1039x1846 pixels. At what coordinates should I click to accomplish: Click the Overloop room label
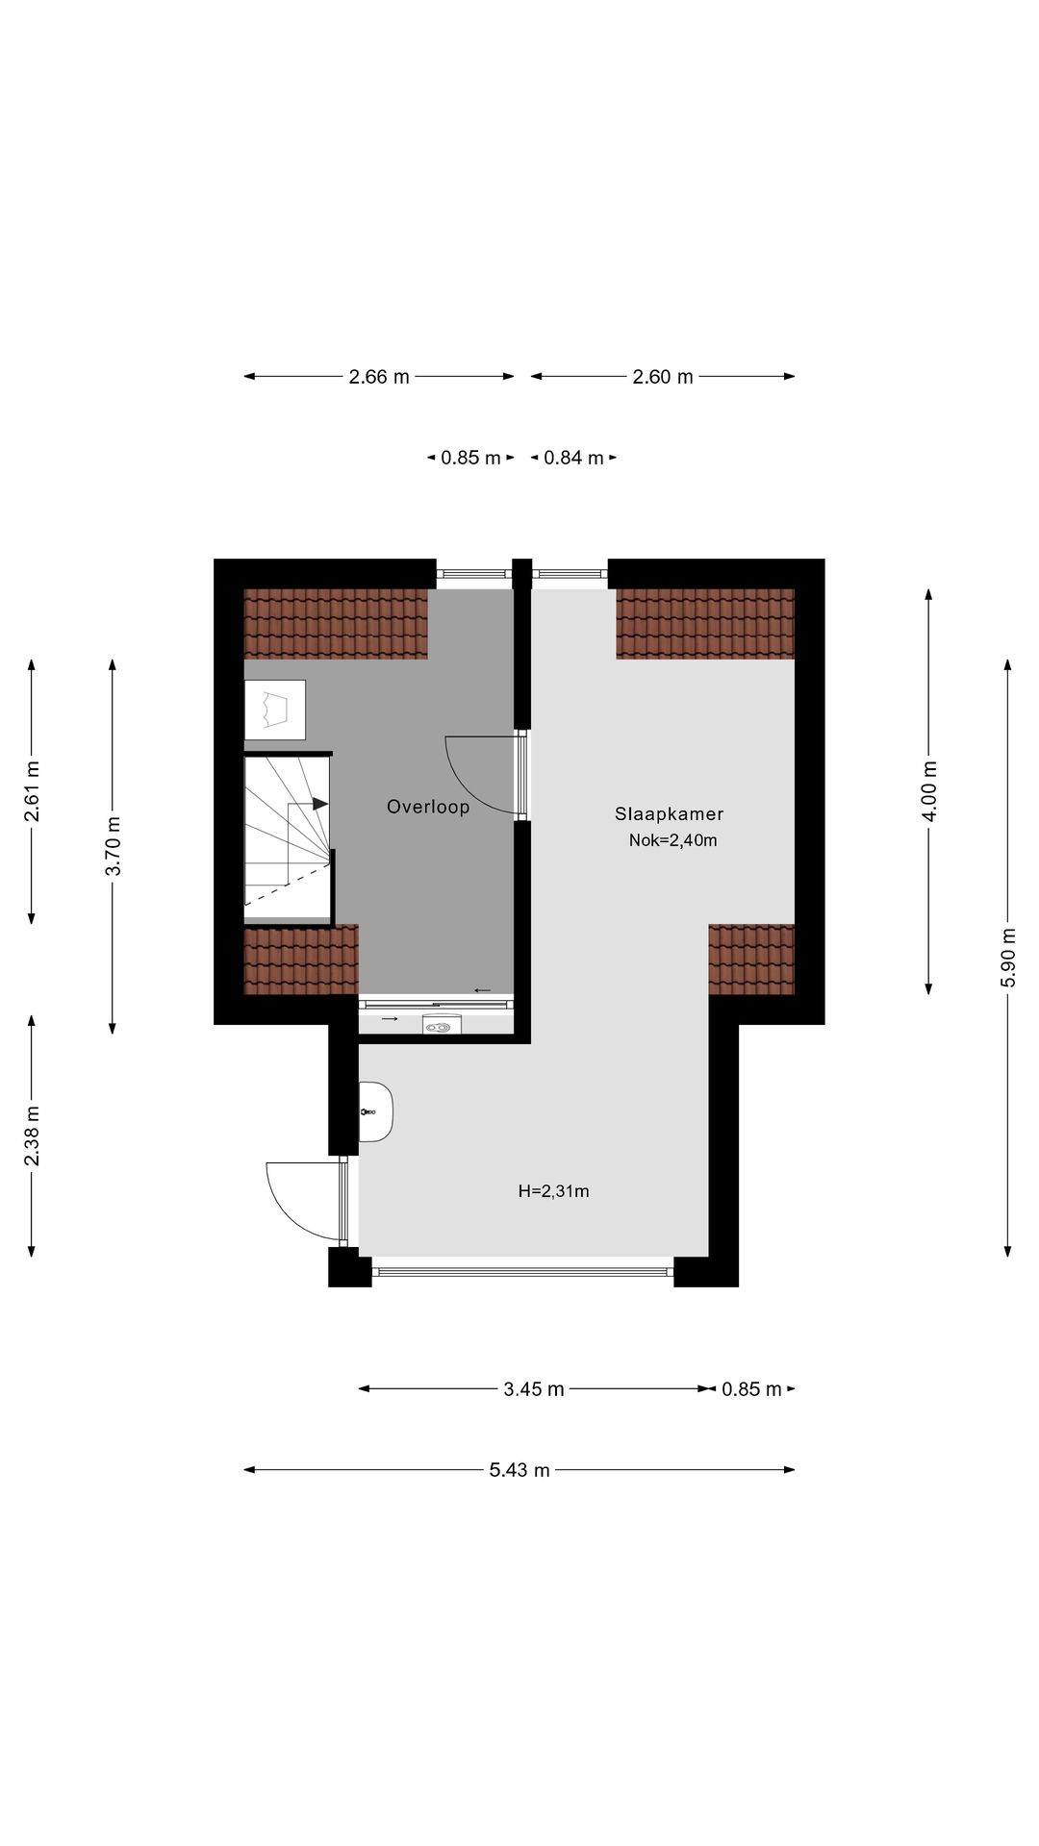point(428,807)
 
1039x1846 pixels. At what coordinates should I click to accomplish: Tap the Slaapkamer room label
point(669,813)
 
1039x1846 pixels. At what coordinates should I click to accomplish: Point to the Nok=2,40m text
point(672,840)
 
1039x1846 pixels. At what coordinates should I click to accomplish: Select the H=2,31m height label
point(553,1191)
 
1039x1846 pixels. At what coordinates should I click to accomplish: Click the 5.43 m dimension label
point(519,1470)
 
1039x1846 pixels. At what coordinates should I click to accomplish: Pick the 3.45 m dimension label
point(533,1389)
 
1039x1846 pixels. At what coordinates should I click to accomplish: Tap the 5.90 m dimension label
point(1007,957)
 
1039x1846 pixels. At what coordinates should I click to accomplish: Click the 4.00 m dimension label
point(928,791)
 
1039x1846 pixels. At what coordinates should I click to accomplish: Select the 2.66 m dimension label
point(379,377)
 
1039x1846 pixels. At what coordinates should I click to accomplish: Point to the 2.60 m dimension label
point(662,377)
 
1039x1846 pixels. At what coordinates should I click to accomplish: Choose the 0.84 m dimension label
point(573,459)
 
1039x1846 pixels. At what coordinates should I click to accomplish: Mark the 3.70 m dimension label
point(113,846)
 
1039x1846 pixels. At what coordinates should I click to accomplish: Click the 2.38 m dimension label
point(32,1135)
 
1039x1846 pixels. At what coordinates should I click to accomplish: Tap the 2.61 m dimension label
point(32,791)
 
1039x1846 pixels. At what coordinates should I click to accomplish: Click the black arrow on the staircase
point(319,803)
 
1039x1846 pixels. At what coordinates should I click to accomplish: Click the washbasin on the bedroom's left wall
point(376,1111)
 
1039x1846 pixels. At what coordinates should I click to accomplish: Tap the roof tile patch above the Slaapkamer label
point(704,623)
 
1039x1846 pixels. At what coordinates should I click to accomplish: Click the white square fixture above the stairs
point(274,710)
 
